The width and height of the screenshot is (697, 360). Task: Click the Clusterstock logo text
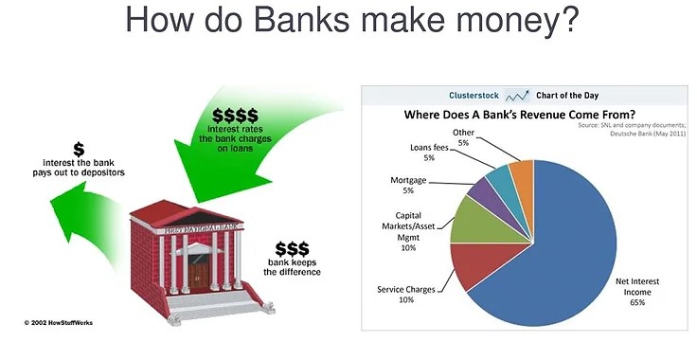point(474,96)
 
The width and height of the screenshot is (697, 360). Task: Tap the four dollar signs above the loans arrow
point(236,115)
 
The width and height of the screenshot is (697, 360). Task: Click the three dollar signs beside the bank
point(293,248)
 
